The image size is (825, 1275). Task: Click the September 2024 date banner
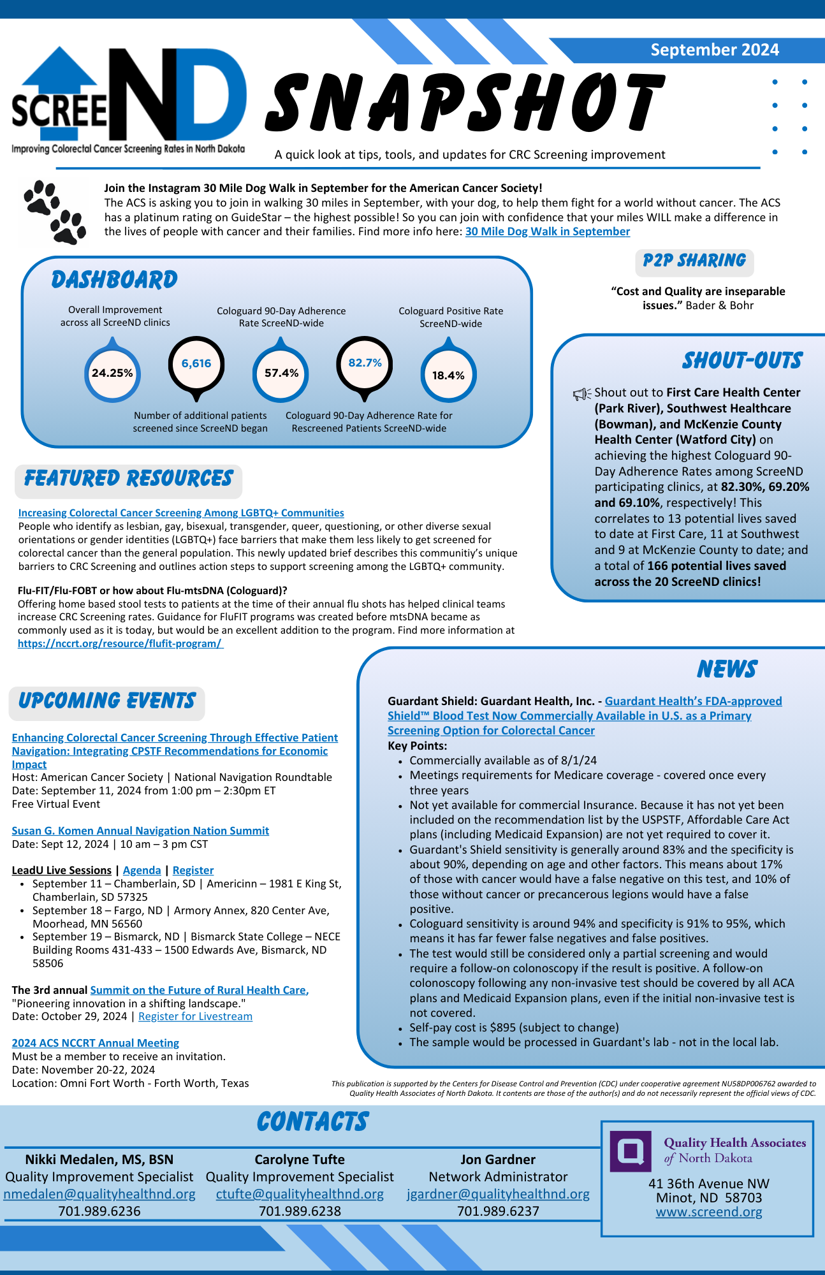[714, 50]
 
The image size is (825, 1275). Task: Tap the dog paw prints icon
[55, 212]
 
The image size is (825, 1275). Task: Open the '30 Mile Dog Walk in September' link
[547, 231]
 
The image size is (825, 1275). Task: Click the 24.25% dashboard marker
[112, 373]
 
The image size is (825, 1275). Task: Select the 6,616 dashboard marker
[196, 364]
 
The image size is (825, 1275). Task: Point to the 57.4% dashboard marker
[281, 373]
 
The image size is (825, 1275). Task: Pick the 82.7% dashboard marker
[365, 363]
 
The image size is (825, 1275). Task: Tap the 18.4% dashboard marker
[448, 375]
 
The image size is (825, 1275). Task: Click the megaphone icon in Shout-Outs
[581, 394]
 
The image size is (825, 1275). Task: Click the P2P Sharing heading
[694, 261]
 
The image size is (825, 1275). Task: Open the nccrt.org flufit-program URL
[120, 643]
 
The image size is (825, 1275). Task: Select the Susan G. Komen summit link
[140, 831]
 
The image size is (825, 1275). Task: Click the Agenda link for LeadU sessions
[142, 870]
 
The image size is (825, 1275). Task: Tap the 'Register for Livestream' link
[195, 1016]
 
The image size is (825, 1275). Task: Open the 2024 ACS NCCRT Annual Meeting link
[95, 1043]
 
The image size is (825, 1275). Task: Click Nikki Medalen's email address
[99, 1194]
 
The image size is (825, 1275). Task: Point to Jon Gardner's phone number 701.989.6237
[498, 1211]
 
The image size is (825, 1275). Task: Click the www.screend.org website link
[709, 1212]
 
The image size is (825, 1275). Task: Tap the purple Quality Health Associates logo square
[630, 1151]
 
